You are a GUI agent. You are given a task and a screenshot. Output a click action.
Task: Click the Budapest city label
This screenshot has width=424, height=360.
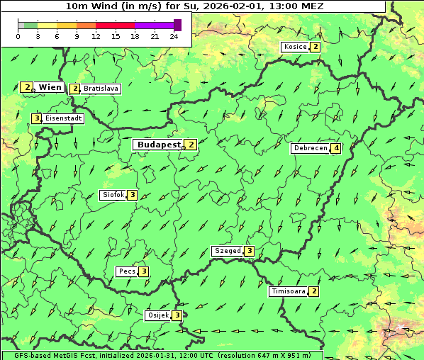[159, 144]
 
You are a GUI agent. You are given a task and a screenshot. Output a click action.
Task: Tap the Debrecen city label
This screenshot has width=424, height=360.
[309, 148]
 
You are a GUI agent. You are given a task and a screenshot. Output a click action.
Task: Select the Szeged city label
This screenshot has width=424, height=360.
[227, 251]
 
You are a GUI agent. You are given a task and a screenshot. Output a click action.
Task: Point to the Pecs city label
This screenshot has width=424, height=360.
[127, 271]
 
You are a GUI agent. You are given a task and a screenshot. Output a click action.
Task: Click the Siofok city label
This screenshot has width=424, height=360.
[112, 195]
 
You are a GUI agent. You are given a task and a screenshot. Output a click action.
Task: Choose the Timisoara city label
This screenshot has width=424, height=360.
[288, 291]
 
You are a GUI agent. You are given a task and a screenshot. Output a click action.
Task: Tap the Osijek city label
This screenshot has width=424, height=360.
[157, 315]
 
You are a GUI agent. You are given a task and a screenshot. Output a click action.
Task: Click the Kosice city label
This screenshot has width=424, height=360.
[295, 47]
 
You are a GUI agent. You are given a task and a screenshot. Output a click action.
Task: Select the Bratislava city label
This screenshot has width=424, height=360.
[101, 89]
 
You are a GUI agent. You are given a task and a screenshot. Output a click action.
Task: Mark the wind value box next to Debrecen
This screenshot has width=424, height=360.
[336, 148]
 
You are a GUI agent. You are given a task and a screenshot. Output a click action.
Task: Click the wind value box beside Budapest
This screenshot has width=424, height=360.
[191, 144]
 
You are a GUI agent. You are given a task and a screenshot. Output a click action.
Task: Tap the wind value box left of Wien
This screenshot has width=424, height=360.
[27, 86]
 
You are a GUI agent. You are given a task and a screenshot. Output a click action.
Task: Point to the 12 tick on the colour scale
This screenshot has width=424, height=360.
[96, 36]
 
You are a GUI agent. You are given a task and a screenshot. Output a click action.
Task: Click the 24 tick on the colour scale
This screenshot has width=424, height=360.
[174, 36]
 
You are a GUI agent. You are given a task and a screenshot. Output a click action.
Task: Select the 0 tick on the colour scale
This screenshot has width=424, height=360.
[18, 36]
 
